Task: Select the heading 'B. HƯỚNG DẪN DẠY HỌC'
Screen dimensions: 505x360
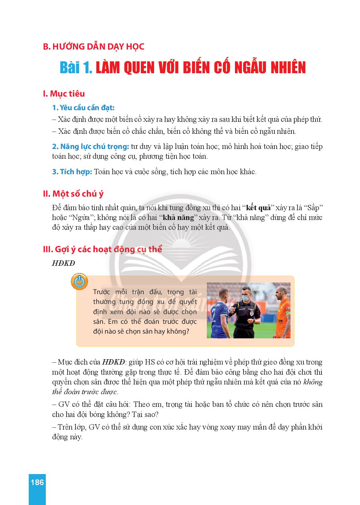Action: [93, 47]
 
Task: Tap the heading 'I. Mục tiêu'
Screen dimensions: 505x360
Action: [64, 94]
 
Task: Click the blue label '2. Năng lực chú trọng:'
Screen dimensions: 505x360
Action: [90, 146]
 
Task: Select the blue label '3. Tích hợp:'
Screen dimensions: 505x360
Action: [72, 172]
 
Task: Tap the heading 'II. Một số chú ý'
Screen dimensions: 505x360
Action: [73, 193]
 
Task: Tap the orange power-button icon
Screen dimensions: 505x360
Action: [79, 282]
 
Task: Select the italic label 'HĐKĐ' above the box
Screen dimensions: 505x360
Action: [63, 263]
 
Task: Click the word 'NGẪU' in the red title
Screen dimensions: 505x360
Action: [249, 68]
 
